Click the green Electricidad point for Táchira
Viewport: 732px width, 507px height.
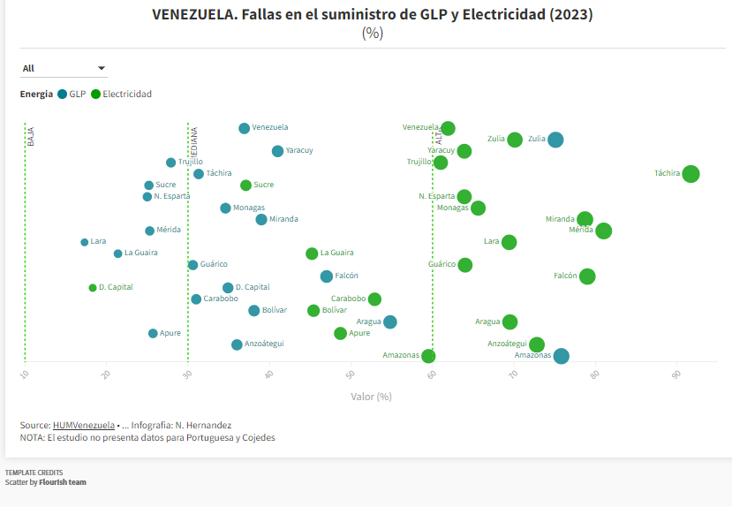[690, 174]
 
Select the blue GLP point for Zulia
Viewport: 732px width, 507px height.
[555, 140]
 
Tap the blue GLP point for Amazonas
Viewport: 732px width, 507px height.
[561, 356]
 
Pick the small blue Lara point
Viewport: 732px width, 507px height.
[85, 242]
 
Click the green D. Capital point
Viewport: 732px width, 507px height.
[92, 288]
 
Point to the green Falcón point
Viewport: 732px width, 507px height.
[587, 276]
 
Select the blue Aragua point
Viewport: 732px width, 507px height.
[390, 322]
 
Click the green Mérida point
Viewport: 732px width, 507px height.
[603, 231]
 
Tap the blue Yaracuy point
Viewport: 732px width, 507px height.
[277, 151]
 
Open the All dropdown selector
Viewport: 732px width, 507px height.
[64, 69]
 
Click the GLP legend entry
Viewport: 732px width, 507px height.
[72, 95]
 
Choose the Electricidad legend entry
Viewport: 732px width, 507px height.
[121, 95]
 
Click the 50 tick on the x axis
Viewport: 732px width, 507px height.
[351, 375]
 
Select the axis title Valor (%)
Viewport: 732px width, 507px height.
[371, 397]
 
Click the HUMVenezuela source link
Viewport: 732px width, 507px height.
[83, 425]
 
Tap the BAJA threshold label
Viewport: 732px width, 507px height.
[30, 136]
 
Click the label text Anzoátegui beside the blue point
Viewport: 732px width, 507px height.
[265, 344]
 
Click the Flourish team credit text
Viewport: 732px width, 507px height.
[63, 482]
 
